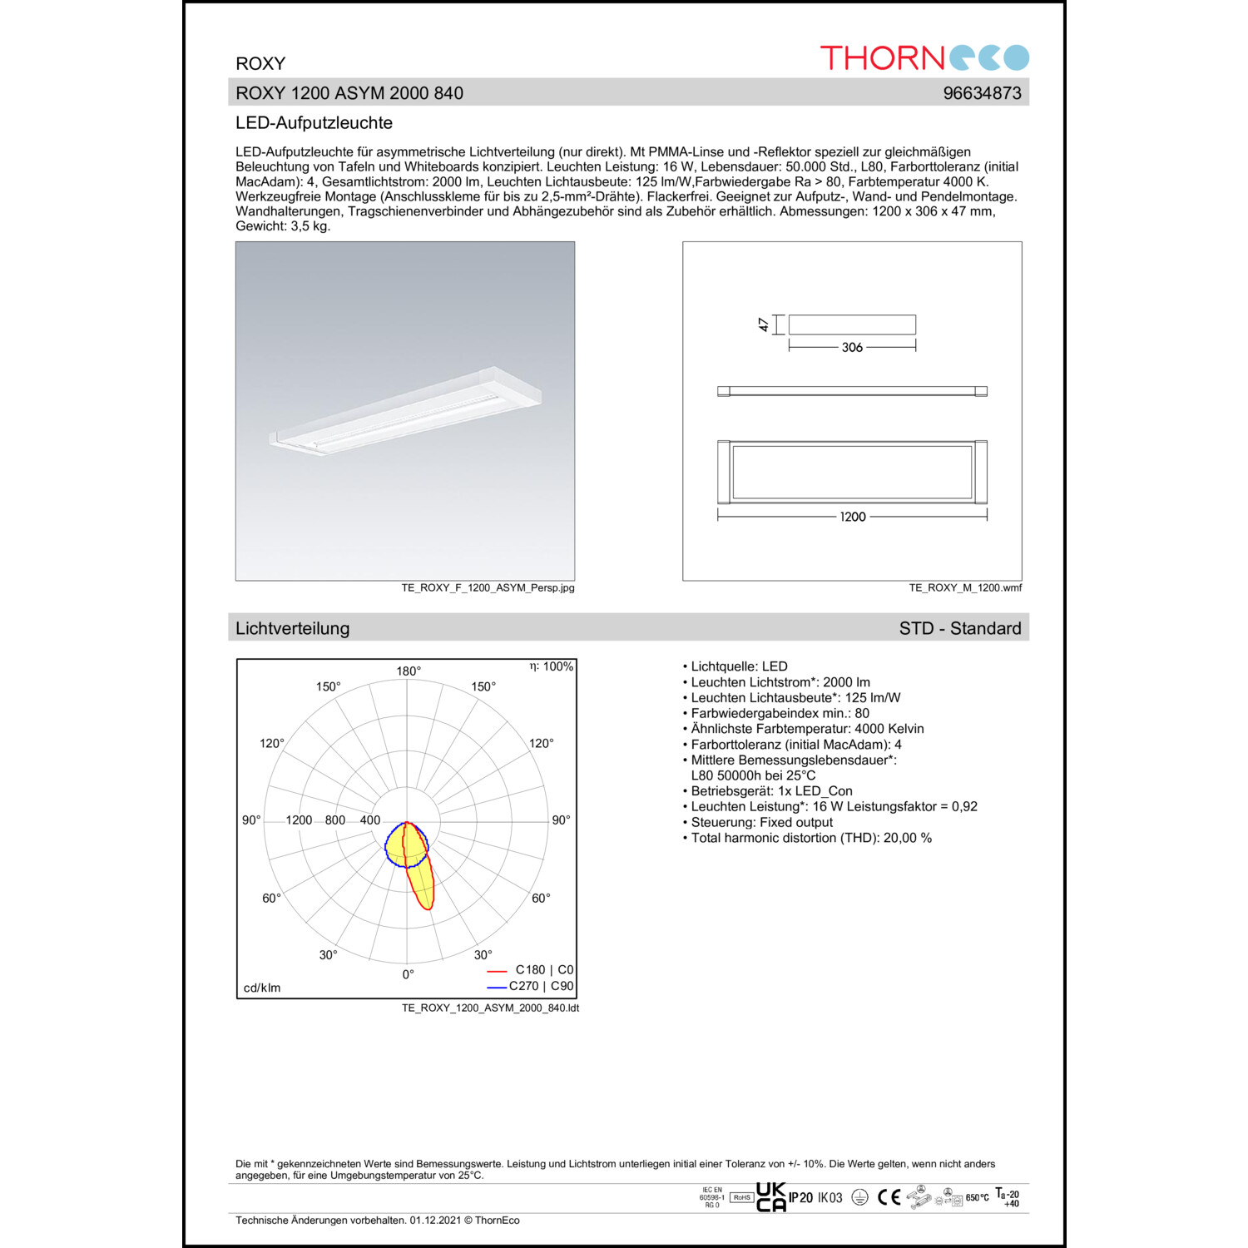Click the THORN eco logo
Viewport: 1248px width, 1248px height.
tap(924, 57)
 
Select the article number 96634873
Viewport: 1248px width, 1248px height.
tap(982, 93)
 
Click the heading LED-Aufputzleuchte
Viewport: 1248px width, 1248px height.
tap(314, 123)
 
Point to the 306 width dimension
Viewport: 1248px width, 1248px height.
tap(852, 348)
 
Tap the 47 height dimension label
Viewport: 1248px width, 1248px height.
tap(764, 324)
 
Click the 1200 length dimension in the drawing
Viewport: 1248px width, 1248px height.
tap(852, 517)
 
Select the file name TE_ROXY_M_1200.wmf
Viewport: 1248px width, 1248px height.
tap(965, 588)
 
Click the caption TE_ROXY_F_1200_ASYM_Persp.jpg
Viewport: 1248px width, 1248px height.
tap(488, 588)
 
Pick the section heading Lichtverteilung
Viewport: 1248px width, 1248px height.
tap(292, 629)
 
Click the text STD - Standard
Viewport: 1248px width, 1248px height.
tap(959, 629)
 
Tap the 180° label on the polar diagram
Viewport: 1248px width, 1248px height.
tap(409, 671)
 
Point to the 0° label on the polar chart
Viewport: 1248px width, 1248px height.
tap(408, 974)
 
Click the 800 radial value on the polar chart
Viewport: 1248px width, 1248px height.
tap(335, 820)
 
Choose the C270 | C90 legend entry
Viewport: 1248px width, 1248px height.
tap(541, 986)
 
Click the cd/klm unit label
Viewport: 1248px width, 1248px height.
tap(262, 988)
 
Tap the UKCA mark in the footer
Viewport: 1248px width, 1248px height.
tap(770, 1197)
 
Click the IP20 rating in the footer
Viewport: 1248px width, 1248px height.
tap(800, 1198)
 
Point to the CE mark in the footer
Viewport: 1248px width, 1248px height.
tap(889, 1197)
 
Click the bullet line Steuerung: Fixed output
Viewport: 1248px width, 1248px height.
tap(761, 823)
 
